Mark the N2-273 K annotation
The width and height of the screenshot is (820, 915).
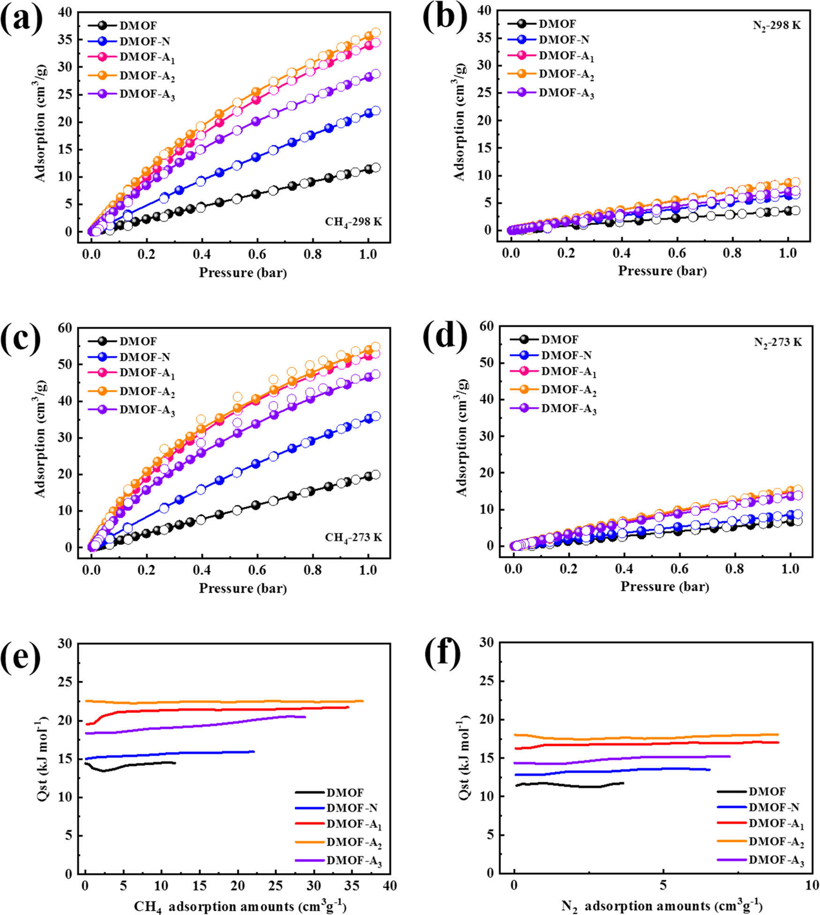coord(777,342)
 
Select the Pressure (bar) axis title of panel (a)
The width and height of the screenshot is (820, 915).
coord(242,273)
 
